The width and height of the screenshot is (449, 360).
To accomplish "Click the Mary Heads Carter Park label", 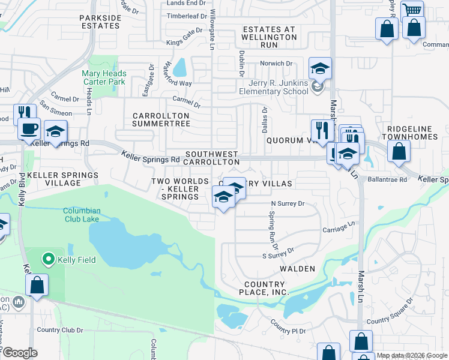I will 104,77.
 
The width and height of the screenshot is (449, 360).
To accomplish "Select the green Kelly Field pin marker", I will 47,260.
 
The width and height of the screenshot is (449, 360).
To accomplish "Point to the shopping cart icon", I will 412,11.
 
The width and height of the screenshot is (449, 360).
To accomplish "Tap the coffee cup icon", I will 29,128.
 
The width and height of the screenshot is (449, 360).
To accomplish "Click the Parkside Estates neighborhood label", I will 100,22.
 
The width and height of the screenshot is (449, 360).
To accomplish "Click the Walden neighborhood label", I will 294,269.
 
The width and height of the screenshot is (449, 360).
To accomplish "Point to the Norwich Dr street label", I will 276,63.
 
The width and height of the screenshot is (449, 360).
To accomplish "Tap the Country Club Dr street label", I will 59,329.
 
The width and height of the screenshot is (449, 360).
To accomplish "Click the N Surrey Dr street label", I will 288,204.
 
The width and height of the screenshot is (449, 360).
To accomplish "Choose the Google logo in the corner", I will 20,353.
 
